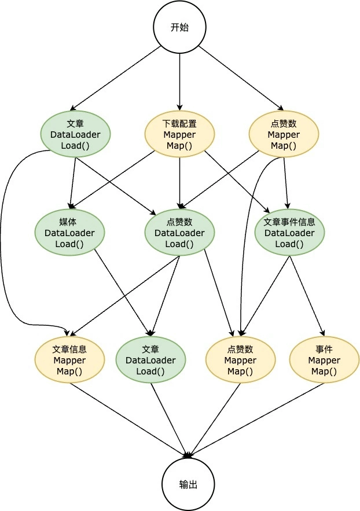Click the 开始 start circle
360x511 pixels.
(x=180, y=27)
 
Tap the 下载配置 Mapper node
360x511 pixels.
(x=179, y=134)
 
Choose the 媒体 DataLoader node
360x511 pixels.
(x=69, y=233)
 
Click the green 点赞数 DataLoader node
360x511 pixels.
(x=179, y=233)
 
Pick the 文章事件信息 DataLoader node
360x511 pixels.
(x=289, y=233)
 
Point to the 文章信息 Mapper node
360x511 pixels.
(x=69, y=360)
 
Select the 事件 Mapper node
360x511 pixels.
(x=324, y=360)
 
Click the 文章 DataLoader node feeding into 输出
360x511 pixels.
(x=150, y=360)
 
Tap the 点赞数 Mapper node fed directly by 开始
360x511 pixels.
(x=284, y=134)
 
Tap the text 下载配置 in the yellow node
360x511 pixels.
(x=179, y=123)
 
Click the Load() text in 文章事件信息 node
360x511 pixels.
(x=289, y=244)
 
